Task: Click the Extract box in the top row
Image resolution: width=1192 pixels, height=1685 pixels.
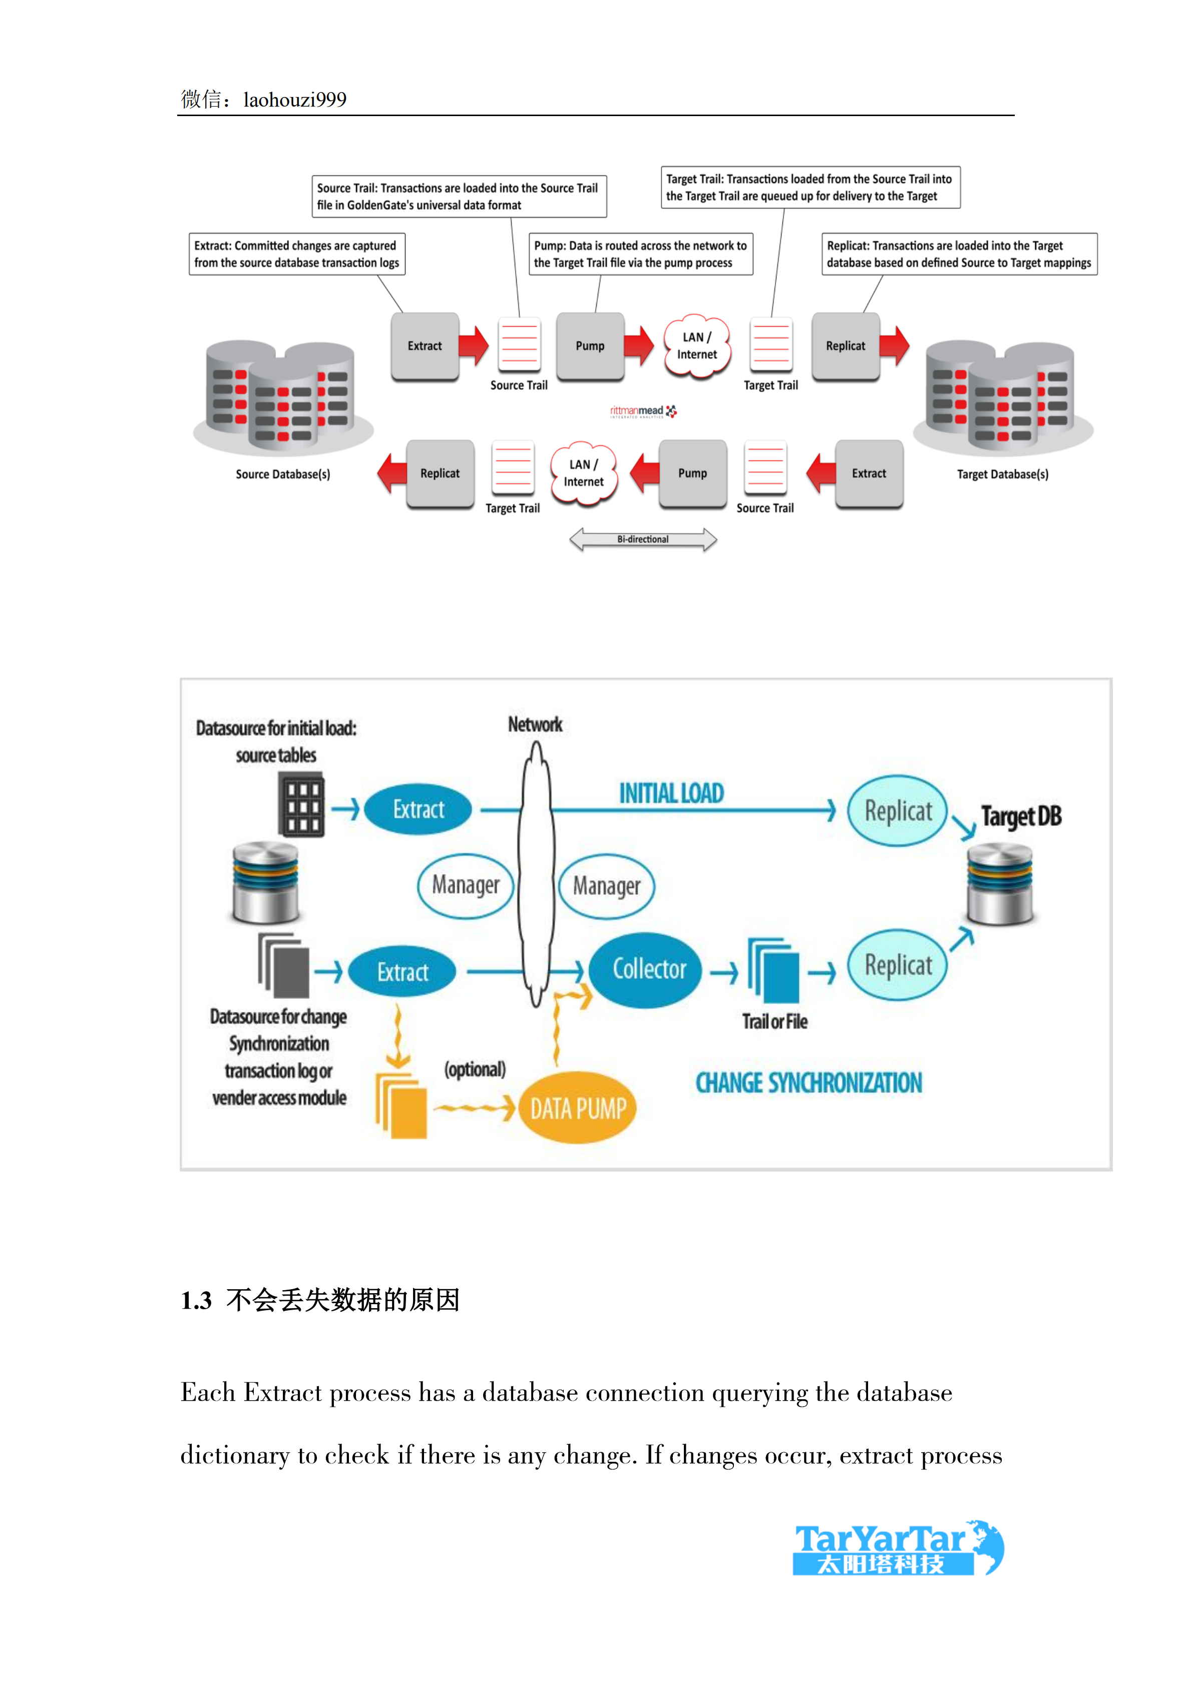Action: coord(425,346)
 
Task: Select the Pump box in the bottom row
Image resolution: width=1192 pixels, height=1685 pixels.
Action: coord(692,473)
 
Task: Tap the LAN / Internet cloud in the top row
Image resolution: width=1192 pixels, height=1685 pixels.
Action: coord(696,346)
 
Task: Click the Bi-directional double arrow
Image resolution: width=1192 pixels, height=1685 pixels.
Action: coord(643,539)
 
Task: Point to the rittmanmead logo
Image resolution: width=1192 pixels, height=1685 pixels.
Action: coord(643,412)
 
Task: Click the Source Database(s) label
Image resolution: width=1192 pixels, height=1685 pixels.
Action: coord(282,474)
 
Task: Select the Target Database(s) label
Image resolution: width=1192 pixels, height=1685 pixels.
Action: coord(1002,474)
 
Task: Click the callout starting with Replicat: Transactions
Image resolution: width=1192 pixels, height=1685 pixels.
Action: coord(959,254)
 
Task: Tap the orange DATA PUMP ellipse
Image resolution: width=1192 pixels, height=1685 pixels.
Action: coord(578,1108)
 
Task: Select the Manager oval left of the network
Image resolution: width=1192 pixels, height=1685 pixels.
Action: coord(466,885)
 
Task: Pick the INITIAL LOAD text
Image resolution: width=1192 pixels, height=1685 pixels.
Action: coord(671,793)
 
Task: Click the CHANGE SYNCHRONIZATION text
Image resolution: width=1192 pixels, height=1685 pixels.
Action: coord(808,1083)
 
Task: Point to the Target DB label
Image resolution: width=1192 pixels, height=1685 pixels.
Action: coord(1021,816)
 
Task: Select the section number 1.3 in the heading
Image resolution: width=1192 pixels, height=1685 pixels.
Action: coord(196,1301)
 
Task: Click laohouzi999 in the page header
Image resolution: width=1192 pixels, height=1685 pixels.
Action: coord(294,100)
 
